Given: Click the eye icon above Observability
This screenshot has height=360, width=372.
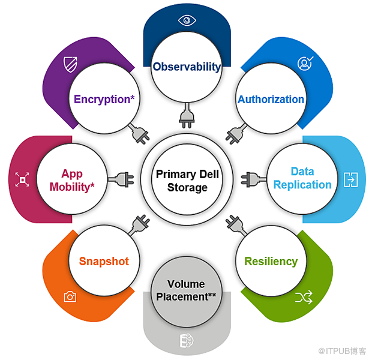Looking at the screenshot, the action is click(x=187, y=20).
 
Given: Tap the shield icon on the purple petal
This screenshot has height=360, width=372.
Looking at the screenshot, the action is click(x=70, y=64).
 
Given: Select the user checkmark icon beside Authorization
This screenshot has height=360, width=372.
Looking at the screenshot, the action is click(x=305, y=64).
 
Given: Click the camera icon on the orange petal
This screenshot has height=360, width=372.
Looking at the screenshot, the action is click(x=70, y=296).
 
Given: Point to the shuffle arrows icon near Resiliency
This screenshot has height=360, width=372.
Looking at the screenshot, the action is click(x=304, y=298).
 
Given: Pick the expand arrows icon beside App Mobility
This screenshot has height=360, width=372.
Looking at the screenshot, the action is click(x=22, y=179).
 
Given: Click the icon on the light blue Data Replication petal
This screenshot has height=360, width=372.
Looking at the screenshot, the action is click(x=350, y=179).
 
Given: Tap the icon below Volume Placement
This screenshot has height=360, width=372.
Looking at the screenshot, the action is click(x=187, y=341).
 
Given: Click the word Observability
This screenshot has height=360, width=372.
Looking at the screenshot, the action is click(x=187, y=67).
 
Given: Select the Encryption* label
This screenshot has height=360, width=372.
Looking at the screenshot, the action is click(x=104, y=99).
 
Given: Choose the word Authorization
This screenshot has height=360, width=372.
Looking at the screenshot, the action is click(x=271, y=99).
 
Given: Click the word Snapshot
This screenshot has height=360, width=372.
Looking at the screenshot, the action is click(x=104, y=261).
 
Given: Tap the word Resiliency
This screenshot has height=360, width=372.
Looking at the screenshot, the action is click(x=271, y=261).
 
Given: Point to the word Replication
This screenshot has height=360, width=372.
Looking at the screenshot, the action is click(x=302, y=185).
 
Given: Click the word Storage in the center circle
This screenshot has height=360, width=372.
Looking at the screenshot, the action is click(x=187, y=187).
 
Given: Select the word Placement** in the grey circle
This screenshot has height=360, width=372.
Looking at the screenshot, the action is click(x=186, y=297).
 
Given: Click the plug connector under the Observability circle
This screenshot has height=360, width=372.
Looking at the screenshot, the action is click(x=187, y=116).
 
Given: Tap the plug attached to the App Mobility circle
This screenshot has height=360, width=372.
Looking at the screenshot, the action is click(x=121, y=179).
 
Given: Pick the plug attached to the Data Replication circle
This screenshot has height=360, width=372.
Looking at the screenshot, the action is click(x=253, y=179).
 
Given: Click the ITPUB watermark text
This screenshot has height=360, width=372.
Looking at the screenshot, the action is click(x=342, y=351).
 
